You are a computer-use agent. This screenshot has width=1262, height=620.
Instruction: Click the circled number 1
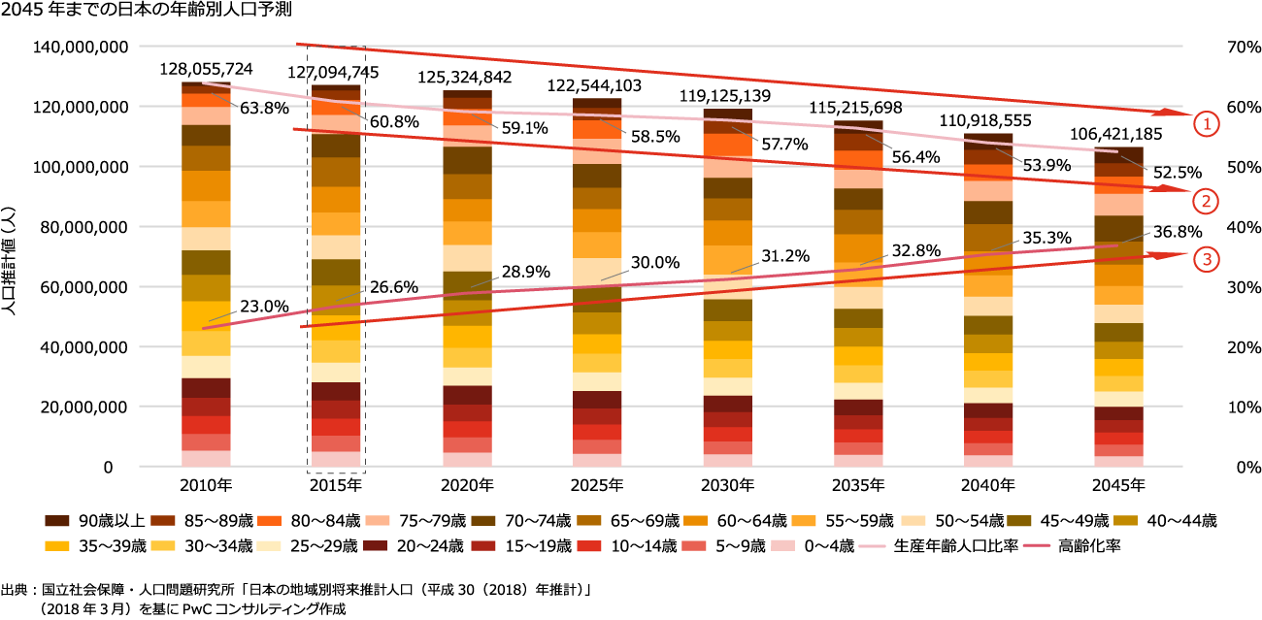pyautogui.click(x=1206, y=124)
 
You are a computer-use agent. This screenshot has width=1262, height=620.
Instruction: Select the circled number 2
pyautogui.click(x=1206, y=201)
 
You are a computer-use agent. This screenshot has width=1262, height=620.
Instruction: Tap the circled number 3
pyautogui.click(x=1206, y=259)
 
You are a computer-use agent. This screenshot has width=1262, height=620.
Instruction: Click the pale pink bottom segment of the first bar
pyautogui.click(x=206, y=458)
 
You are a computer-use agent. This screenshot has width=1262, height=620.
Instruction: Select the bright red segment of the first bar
pyautogui.click(x=206, y=425)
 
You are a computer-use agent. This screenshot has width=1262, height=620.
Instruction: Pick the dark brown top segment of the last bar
pyautogui.click(x=1118, y=154)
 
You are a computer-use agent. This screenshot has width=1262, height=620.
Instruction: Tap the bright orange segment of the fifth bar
pyautogui.click(x=727, y=145)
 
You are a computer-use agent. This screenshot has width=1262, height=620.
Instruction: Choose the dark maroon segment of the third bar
pyautogui.click(x=467, y=395)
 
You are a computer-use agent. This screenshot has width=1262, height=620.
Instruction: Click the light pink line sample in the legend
pyautogui.click(x=872, y=546)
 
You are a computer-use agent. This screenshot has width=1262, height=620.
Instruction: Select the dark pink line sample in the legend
pyautogui.click(x=1036, y=546)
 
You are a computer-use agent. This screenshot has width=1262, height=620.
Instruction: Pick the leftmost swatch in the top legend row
pyautogui.click(x=57, y=521)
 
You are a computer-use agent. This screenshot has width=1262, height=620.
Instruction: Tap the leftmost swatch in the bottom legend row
pyautogui.click(x=57, y=546)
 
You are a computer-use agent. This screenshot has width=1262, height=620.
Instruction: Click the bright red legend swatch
pyautogui.click(x=588, y=546)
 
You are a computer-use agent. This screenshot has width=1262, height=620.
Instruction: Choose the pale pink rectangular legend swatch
pyautogui.click(x=782, y=545)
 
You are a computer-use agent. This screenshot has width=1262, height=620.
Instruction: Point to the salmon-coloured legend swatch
pyautogui.click(x=693, y=546)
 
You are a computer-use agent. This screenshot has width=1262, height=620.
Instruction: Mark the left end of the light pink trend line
pyautogui.click(x=203, y=83)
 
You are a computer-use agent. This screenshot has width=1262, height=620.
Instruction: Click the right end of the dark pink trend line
pyautogui.click(x=1117, y=245)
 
